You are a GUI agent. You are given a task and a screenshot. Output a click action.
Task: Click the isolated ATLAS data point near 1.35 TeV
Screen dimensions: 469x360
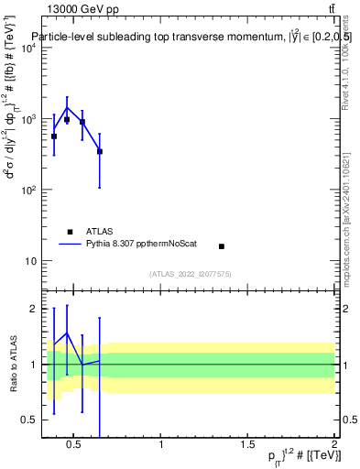(x=222, y=246)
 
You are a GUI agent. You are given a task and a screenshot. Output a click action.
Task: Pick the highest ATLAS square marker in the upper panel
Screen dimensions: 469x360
(x=67, y=120)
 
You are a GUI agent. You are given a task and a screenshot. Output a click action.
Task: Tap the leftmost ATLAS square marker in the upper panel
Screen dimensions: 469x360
(x=54, y=136)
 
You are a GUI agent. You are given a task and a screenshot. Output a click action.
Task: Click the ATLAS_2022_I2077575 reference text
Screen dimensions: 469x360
(x=190, y=273)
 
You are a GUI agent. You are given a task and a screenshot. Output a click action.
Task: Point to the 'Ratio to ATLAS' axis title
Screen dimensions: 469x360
(x=12, y=364)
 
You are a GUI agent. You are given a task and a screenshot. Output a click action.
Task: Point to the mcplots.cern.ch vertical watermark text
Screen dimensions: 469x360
(x=353, y=220)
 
